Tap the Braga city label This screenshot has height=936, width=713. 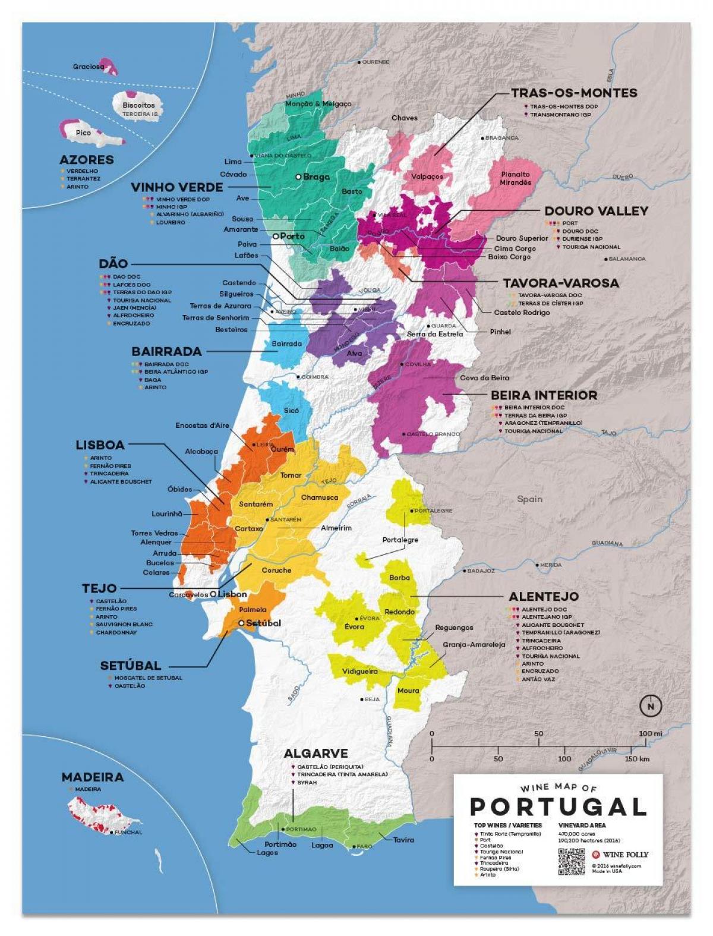(x=316, y=177)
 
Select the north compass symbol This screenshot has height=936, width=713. (x=651, y=706)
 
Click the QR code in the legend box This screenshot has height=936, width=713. (x=571, y=861)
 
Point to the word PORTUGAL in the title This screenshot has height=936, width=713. (x=558, y=806)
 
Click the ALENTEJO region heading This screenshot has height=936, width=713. (x=544, y=596)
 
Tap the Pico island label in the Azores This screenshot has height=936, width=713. (x=83, y=133)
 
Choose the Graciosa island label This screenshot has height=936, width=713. (x=89, y=67)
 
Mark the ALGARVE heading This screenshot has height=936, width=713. (x=316, y=754)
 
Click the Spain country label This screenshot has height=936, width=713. (x=529, y=499)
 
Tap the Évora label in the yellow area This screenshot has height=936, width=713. (x=354, y=626)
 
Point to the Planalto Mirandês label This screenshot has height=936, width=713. (x=515, y=178)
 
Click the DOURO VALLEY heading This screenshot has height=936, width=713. (x=596, y=211)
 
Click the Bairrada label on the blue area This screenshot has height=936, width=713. (x=286, y=343)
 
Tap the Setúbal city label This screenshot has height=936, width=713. (x=263, y=623)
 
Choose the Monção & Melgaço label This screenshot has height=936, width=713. (x=318, y=103)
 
